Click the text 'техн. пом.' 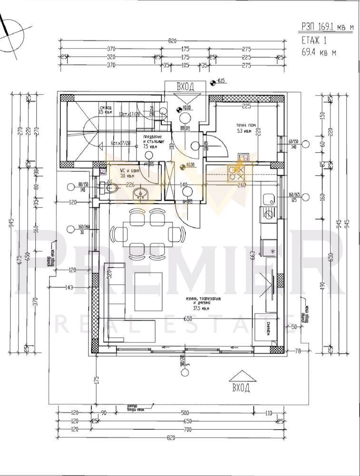[x=246, y=126]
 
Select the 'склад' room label [x=106, y=108]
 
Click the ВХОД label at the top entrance [x=185, y=87]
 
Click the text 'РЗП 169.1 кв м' [x=327, y=28]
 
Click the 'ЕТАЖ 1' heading [x=315, y=40]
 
